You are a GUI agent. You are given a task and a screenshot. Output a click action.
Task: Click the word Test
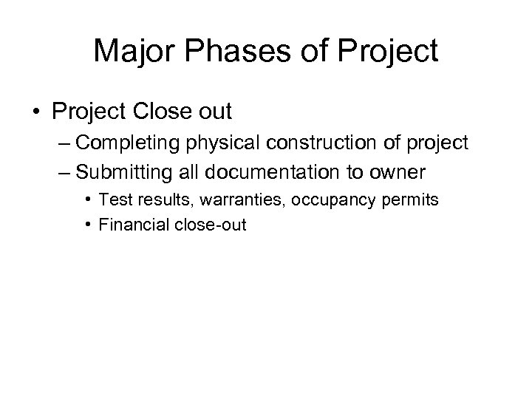tap(112, 200)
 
